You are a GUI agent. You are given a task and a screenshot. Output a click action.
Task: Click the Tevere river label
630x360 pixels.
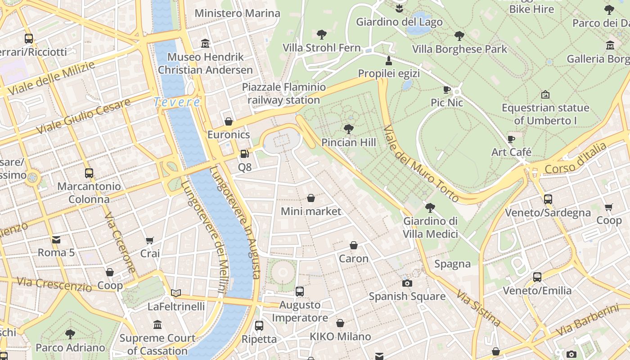(x=177, y=102)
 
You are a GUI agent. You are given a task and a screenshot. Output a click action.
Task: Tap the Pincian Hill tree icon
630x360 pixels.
(x=348, y=129)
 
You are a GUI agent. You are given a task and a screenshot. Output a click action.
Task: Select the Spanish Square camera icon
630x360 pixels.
(x=407, y=283)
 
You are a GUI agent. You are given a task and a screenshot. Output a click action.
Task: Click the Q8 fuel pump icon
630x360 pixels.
(x=244, y=154)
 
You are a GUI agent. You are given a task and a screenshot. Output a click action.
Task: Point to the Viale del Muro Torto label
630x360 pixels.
(x=421, y=164)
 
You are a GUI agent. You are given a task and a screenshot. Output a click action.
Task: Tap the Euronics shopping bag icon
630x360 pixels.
(x=229, y=121)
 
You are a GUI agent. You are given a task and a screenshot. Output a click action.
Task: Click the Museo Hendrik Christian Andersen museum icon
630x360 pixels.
(x=205, y=44)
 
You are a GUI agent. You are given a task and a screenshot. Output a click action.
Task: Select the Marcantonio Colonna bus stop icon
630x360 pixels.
(x=89, y=173)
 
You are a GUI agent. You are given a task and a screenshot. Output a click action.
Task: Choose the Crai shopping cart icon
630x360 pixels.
(x=150, y=241)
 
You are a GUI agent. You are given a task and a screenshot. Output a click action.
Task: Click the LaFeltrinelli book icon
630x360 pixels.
(x=176, y=293)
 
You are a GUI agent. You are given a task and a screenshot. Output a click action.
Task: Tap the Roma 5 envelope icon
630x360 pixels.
(x=56, y=239)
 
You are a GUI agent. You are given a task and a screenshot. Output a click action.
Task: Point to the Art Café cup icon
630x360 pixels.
(x=511, y=139)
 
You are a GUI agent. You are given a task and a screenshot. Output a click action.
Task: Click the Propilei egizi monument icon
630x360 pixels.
(x=389, y=60)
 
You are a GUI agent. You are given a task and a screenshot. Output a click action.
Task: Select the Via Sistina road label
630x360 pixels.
(x=479, y=308)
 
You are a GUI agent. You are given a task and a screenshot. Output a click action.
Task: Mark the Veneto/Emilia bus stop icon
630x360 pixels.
(x=537, y=277)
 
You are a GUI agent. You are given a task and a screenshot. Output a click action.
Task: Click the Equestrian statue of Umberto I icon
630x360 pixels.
(x=545, y=94)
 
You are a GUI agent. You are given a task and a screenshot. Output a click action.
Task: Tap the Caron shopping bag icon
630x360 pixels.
(x=354, y=245)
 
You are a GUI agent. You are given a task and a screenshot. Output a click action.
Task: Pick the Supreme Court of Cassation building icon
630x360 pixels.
(x=157, y=324)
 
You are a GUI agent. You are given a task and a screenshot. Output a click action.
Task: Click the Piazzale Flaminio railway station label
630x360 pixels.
(x=284, y=93)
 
